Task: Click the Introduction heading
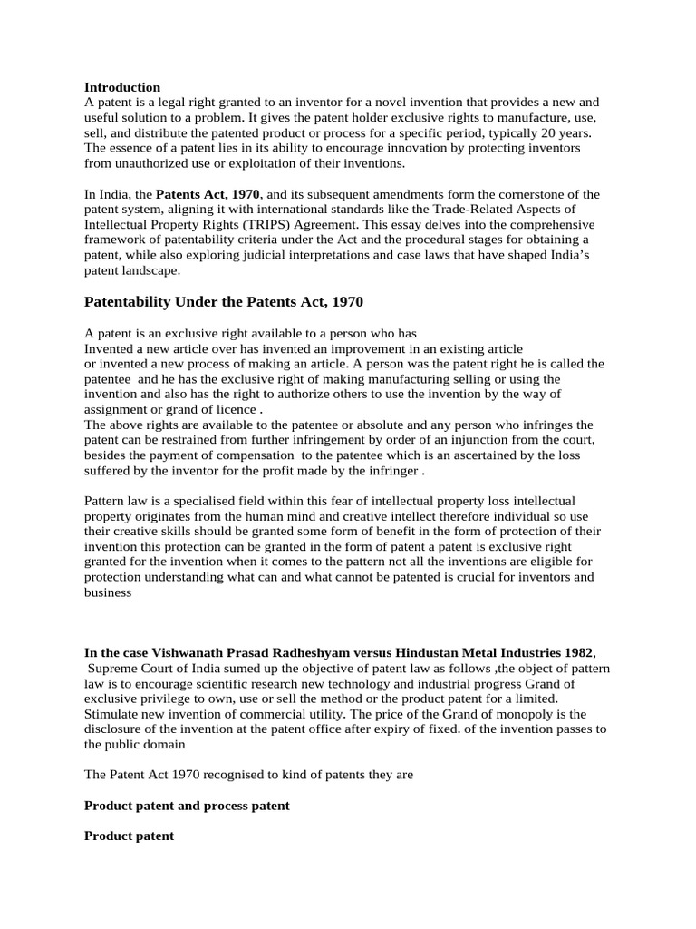pyautogui.click(x=122, y=87)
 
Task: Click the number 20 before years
pyautogui.click(x=538, y=133)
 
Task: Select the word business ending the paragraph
pyautogui.click(x=108, y=594)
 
